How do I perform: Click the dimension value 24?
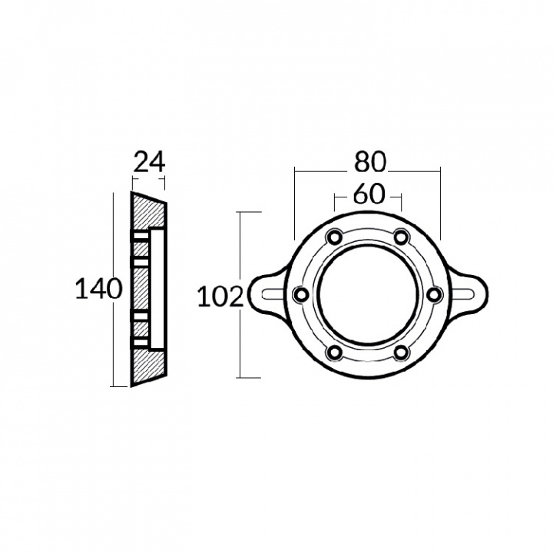(x=150, y=163)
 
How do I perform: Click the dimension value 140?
(x=99, y=289)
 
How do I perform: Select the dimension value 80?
(x=370, y=163)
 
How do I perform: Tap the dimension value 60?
(x=369, y=194)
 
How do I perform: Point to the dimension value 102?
(x=220, y=296)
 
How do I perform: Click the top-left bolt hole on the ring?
(x=334, y=237)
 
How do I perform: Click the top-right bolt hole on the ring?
(x=402, y=237)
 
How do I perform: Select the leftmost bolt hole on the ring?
(x=301, y=294)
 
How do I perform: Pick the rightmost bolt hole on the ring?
(x=435, y=294)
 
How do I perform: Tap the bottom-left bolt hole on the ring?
(x=334, y=353)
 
